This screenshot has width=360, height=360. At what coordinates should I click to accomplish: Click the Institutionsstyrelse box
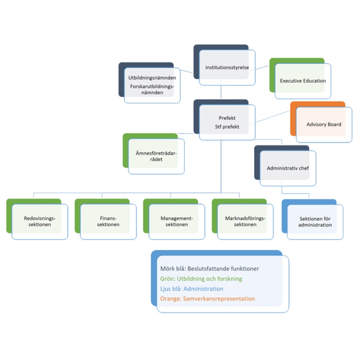point(225,65)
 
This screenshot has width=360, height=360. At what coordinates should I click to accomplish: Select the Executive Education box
point(300,78)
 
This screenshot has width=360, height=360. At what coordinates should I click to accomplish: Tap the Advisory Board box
point(321,122)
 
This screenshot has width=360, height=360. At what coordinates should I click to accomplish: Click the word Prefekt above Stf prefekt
point(227,118)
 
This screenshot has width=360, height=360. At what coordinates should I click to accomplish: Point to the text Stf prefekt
point(227,127)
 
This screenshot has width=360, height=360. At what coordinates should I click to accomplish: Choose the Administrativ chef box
point(285,165)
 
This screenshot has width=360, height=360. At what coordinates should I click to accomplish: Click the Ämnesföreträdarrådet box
point(154,154)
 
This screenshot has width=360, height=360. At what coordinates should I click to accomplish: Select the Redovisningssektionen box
point(37,219)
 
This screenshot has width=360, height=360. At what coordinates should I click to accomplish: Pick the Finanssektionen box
point(105,219)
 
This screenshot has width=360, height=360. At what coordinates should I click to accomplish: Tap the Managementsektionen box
point(174,219)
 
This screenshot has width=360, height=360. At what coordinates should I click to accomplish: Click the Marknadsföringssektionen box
point(243,219)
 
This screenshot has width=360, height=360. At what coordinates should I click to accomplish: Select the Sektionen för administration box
point(313,219)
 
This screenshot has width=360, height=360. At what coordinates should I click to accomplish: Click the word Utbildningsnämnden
point(152,78)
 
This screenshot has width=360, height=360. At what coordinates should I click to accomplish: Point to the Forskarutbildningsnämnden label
point(152,90)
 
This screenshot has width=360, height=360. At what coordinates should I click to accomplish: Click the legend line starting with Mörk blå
point(210,269)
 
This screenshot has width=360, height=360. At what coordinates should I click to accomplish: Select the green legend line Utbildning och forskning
point(201,279)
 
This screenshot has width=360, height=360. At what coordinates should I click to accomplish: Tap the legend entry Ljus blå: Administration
point(192,289)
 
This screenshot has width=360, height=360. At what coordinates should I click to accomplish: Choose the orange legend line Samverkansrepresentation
point(208,299)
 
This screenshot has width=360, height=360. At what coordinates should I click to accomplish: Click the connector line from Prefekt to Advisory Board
point(272,116)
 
